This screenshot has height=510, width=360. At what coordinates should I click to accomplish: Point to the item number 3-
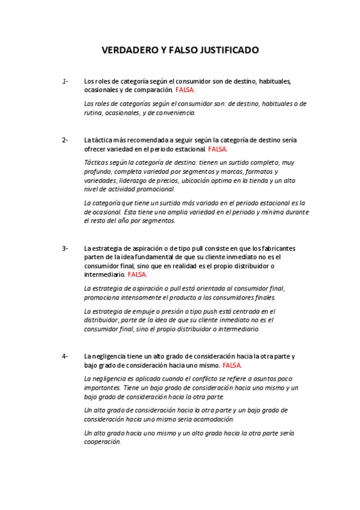[x=65, y=248]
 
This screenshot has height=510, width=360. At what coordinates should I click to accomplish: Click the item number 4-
[x=65, y=356]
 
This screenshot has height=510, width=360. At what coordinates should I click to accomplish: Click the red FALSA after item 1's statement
[x=185, y=90]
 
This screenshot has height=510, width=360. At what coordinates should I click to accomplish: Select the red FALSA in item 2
[x=218, y=149]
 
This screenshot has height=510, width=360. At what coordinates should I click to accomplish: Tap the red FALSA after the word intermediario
[x=137, y=274]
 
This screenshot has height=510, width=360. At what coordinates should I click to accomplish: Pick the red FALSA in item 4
[x=232, y=365]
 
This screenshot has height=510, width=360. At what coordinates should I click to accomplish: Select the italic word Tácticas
[x=97, y=162]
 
